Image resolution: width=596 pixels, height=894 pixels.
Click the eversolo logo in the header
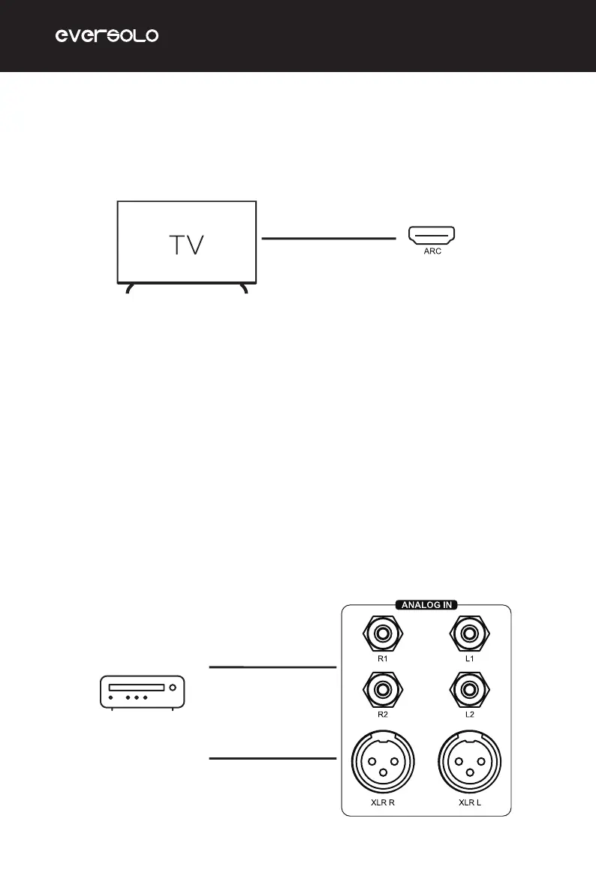(107, 36)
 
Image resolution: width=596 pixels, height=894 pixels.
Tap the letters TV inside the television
(185, 245)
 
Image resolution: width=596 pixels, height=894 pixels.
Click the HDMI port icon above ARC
(432, 236)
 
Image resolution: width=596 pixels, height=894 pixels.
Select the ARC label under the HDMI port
(432, 253)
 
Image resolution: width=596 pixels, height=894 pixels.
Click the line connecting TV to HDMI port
(328, 239)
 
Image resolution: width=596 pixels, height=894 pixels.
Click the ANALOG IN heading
(426, 604)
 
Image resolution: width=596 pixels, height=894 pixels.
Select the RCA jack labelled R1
(383, 632)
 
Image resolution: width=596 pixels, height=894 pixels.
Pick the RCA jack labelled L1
(469, 632)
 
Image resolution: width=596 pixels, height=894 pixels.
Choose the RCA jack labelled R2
(383, 688)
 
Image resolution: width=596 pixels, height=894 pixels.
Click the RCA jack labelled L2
(469, 688)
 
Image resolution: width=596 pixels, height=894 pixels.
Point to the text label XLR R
(383, 802)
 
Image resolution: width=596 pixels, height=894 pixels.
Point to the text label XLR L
(470, 802)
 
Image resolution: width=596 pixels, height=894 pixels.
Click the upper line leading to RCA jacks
(272, 667)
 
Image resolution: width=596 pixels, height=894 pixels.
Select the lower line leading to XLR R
(272, 758)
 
